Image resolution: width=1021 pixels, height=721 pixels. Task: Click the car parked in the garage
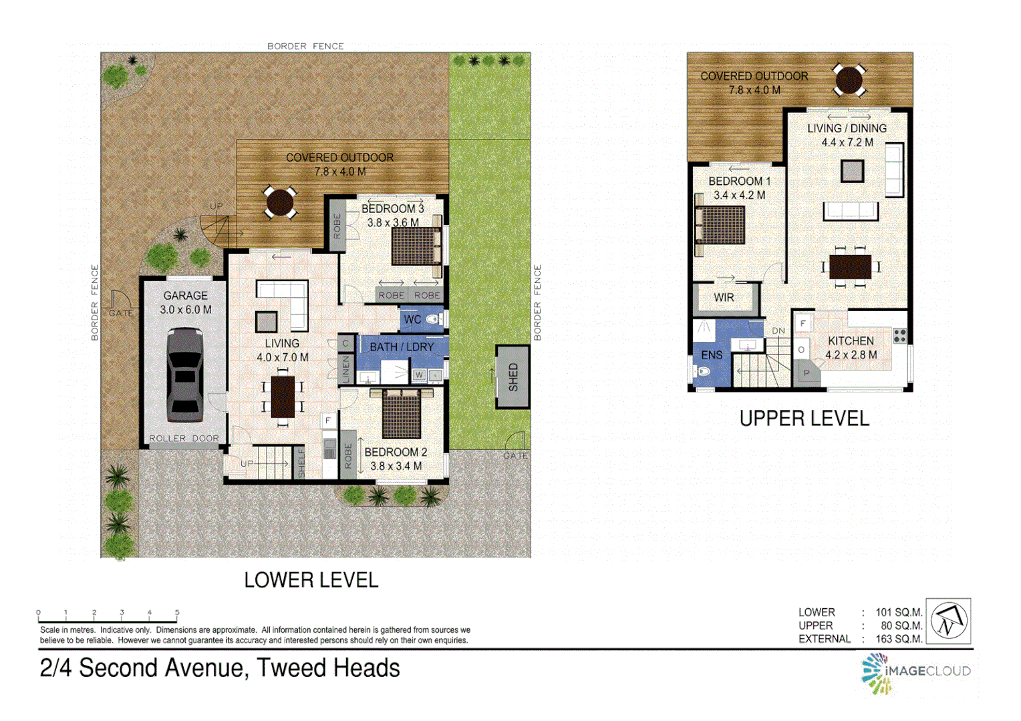184,375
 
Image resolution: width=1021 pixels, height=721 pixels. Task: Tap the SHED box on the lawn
513,377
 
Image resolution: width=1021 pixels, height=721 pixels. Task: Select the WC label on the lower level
412,320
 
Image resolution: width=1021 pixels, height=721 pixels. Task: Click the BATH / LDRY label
402,347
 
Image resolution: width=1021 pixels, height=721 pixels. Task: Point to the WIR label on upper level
724,298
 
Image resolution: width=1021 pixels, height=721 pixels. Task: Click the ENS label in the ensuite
712,355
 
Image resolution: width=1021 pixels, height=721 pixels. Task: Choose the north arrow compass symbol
948,621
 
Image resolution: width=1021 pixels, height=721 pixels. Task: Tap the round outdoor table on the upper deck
849,80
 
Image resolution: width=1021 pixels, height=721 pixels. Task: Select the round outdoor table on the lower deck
279,202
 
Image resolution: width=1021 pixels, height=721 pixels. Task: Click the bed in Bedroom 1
720,225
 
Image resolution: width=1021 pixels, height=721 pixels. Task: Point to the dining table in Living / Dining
850,267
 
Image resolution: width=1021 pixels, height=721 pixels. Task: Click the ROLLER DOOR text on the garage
184,439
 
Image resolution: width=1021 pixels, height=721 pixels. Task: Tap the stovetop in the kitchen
900,336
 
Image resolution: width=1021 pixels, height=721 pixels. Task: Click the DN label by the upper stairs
778,330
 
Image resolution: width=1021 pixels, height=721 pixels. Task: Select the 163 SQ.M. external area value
899,639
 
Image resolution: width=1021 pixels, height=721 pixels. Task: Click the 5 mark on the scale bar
177,612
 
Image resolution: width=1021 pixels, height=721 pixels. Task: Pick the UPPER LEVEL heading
804,419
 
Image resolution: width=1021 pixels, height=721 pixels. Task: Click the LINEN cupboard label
345,369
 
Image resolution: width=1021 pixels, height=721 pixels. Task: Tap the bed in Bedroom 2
402,414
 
